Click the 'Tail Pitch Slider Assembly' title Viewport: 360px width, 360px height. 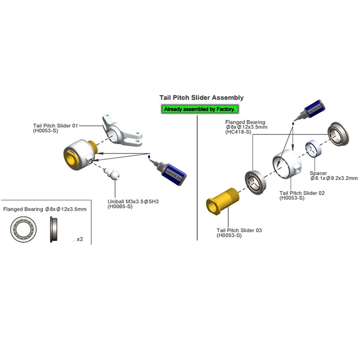tap(201, 98)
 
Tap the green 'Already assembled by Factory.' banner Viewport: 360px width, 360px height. tap(199, 109)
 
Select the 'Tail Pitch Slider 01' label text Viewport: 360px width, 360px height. tap(55, 126)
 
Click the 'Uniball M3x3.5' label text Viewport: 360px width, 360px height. tap(133, 201)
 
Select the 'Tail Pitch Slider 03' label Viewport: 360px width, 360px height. tap(239, 230)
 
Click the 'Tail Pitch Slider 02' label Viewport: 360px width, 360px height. tap(302, 193)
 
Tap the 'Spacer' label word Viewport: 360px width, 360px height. tap(318, 173)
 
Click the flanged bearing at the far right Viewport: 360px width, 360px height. tap(338, 134)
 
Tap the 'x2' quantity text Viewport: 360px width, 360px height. tap(79, 239)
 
